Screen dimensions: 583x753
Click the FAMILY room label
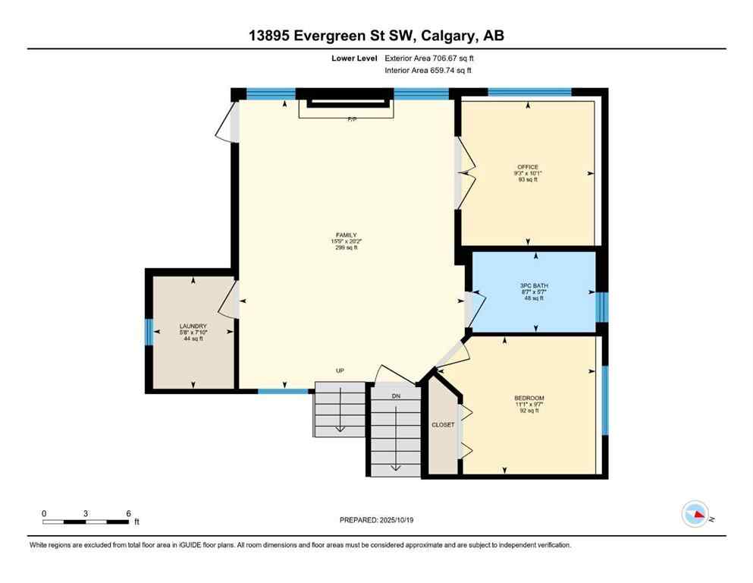(346, 235)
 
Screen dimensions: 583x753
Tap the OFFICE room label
(528, 167)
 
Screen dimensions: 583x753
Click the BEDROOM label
(529, 399)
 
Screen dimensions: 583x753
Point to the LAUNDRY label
(193, 326)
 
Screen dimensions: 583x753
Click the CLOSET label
(443, 425)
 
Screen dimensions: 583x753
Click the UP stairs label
(340, 371)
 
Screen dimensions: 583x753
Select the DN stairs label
(395, 395)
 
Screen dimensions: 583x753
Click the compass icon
(695, 514)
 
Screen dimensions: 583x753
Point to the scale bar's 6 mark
(129, 513)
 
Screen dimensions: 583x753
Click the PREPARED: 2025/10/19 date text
(376, 520)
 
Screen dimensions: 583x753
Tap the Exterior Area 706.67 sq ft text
(434, 58)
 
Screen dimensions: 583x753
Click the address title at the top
(376, 35)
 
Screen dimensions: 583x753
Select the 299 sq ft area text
(346, 247)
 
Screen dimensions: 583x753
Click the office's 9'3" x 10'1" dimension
(528, 174)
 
